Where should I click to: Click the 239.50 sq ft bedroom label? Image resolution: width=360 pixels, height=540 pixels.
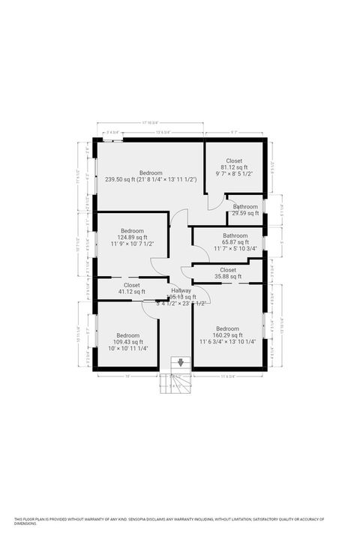151,173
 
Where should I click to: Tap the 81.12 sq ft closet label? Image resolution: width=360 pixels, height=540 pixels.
234,160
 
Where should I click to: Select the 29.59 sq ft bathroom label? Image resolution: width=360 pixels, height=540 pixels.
245,206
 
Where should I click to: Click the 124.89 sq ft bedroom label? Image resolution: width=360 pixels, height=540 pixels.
133,231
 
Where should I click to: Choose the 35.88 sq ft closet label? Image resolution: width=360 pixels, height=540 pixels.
227,270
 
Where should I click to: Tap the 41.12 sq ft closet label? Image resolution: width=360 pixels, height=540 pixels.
131,286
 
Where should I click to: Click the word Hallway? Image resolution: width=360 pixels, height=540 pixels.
181,290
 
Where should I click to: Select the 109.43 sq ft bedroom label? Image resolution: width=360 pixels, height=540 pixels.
127,335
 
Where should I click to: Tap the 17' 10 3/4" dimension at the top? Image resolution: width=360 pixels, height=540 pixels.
150,124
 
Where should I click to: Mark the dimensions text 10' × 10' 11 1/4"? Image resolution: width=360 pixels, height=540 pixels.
127,348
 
